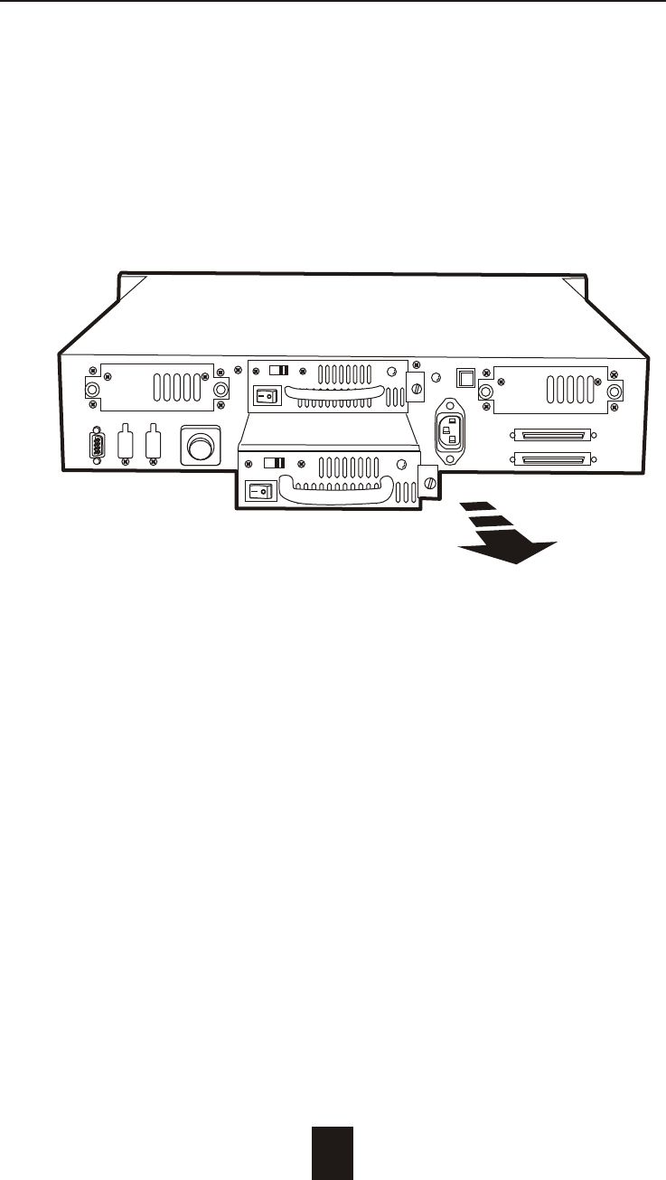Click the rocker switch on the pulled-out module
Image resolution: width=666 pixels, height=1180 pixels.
pos(259,490)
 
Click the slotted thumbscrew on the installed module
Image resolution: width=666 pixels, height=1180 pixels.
pos(416,389)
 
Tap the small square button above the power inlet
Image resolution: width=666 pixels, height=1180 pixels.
pos(466,374)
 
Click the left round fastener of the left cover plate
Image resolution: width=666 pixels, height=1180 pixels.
pos(91,390)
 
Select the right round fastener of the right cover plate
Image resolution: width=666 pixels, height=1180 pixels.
pos(615,392)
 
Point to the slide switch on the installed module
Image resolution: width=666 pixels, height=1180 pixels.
pos(280,370)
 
